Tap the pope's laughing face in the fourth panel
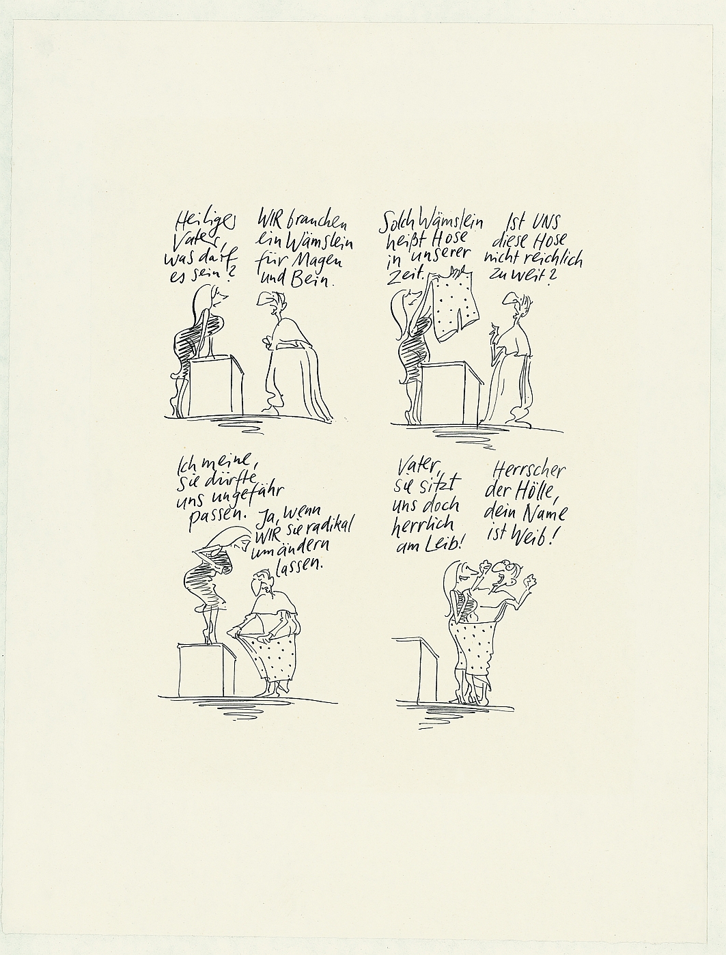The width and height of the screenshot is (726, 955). pyautogui.click(x=501, y=573)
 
